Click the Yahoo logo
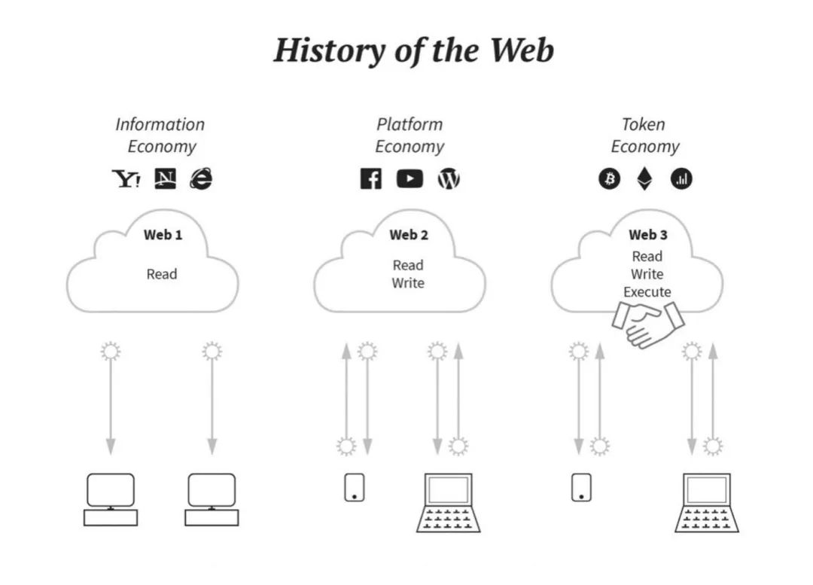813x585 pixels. pyautogui.click(x=126, y=178)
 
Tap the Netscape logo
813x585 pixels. pyautogui.click(x=165, y=178)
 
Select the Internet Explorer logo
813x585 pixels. pyautogui.click(x=201, y=178)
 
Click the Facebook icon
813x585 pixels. pyautogui.click(x=370, y=179)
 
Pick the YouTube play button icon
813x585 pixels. pyautogui.click(x=410, y=179)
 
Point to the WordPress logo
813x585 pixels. pyautogui.click(x=449, y=179)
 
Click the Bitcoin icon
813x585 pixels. pyautogui.click(x=609, y=179)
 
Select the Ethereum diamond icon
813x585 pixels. pyautogui.click(x=645, y=179)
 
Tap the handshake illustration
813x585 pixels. pyautogui.click(x=647, y=322)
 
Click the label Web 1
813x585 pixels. pyautogui.click(x=163, y=235)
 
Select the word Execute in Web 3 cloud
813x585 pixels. pyautogui.click(x=647, y=291)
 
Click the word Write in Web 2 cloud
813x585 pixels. pyautogui.click(x=408, y=283)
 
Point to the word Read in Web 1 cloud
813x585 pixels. pyautogui.click(x=162, y=274)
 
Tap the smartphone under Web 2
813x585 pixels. pyautogui.click(x=355, y=486)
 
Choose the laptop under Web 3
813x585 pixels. pyautogui.click(x=706, y=502)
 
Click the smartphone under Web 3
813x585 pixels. pyautogui.click(x=580, y=486)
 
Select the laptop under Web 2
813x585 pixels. pyautogui.click(x=448, y=502)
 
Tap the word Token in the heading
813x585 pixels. pyautogui.click(x=644, y=124)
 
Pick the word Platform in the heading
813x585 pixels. pyautogui.click(x=410, y=124)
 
